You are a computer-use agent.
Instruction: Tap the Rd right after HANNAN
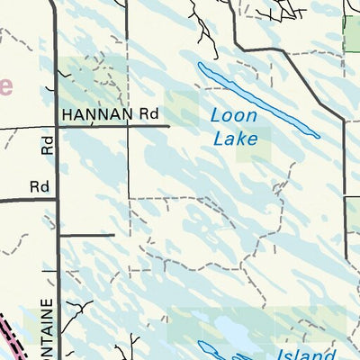148,114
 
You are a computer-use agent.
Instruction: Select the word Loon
233,116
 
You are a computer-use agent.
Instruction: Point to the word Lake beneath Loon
236,138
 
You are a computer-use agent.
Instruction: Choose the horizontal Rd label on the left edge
38,186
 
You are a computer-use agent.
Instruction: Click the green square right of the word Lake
255,144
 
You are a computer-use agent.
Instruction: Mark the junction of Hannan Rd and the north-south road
58,127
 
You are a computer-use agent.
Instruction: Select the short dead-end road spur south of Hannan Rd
88,235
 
